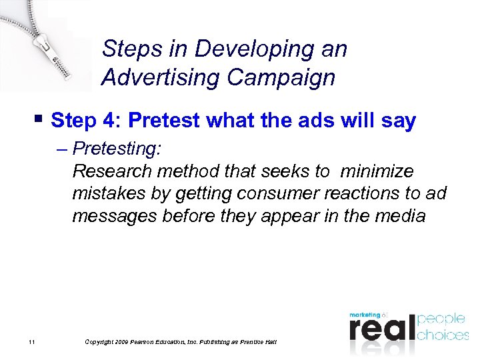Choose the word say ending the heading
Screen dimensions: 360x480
click(x=398, y=121)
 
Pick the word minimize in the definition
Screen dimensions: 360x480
click(x=377, y=171)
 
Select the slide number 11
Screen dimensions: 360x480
click(x=31, y=342)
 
